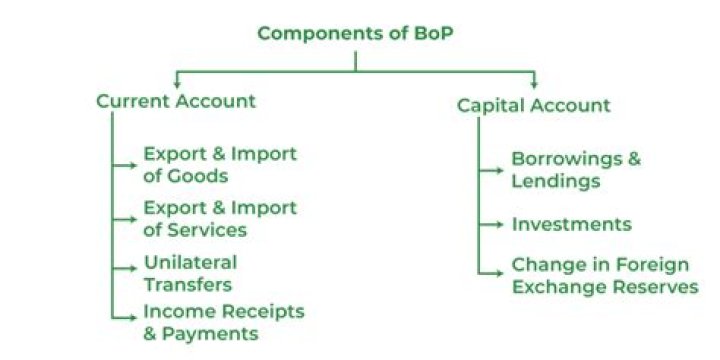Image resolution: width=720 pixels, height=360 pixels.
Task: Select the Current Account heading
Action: pyautogui.click(x=176, y=101)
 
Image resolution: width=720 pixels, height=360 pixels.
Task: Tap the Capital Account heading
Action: pyautogui.click(x=533, y=105)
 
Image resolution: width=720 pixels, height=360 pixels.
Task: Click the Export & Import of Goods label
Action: pyautogui.click(x=220, y=165)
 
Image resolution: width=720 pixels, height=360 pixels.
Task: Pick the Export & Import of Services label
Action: pyautogui.click(x=220, y=219)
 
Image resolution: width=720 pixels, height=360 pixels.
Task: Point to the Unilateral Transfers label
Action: pyautogui.click(x=190, y=272)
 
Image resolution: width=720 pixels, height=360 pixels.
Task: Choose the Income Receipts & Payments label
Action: pyautogui.click(x=223, y=323)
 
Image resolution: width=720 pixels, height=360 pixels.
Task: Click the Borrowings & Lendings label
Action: pyautogui.click(x=576, y=170)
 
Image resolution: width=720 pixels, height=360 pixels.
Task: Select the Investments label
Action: pyautogui.click(x=571, y=224)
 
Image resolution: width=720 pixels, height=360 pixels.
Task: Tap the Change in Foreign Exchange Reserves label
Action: pyautogui.click(x=604, y=276)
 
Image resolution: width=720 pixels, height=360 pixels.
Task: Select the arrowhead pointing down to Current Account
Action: pyautogui.click(x=177, y=81)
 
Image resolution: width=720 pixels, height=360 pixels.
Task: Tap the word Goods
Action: pyautogui.click(x=200, y=176)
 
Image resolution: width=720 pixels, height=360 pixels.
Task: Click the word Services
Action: pyautogui.click(x=207, y=230)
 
